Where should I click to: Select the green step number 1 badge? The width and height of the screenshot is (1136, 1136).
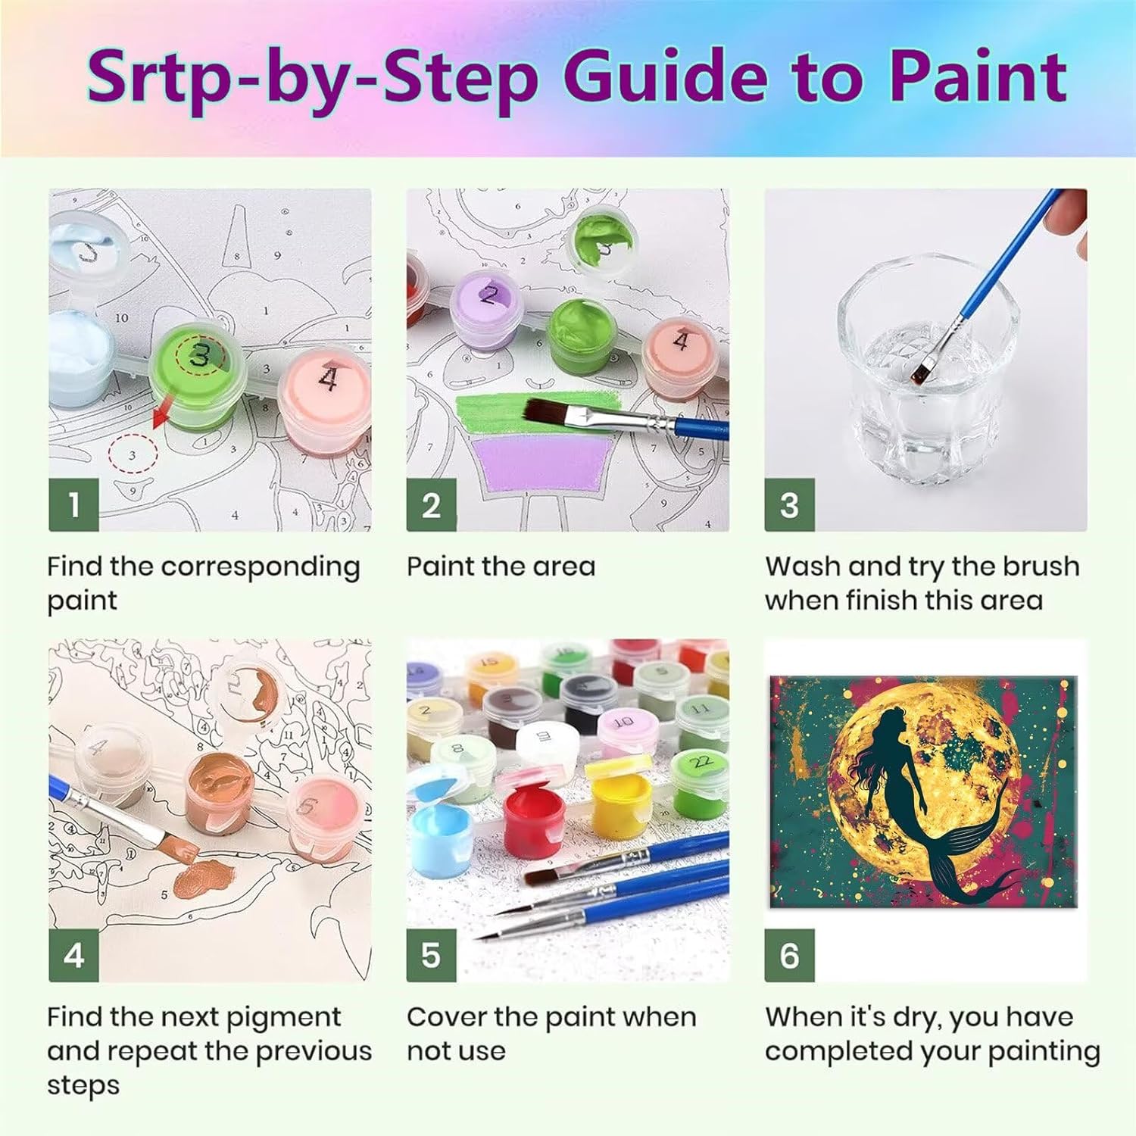73,505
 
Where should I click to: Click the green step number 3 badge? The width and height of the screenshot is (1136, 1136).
789,505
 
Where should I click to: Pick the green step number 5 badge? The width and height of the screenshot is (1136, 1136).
431,955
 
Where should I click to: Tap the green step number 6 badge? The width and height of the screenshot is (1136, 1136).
789,955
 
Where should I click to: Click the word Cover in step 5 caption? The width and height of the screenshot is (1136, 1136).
446,1017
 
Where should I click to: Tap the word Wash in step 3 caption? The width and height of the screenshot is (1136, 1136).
803,566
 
